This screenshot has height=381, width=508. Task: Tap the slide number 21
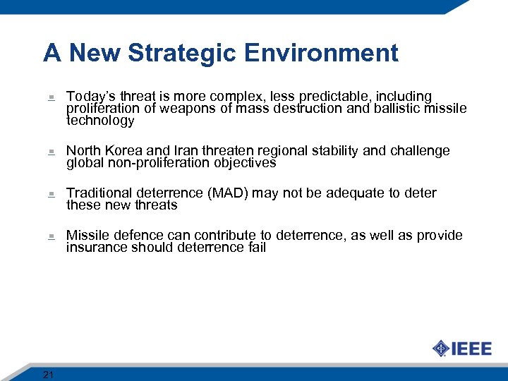48,375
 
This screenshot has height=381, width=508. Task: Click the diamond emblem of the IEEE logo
441,349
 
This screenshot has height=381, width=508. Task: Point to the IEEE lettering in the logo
471,349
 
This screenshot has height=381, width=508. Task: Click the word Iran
186,151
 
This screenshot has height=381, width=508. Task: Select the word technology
99,121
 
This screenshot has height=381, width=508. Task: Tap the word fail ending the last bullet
257,248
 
